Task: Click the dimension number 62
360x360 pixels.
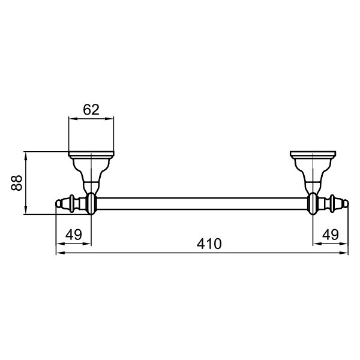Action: coord(91,110)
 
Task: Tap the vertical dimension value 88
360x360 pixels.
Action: coord(17,183)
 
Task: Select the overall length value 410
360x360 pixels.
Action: coord(209,244)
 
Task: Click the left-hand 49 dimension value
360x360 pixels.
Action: coord(73,235)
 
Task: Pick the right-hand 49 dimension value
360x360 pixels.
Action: coord(331,235)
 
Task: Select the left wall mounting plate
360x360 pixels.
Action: coord(91,154)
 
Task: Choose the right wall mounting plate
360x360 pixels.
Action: coord(313,154)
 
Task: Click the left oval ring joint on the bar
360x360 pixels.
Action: coord(91,203)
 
